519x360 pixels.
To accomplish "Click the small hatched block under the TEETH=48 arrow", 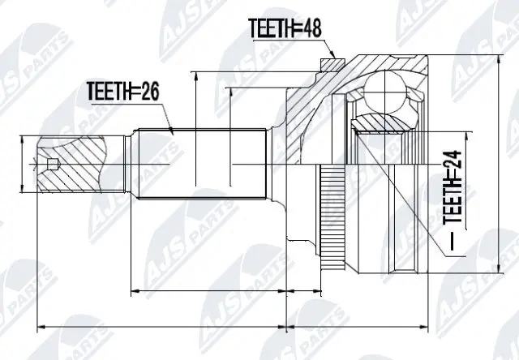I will (329, 62).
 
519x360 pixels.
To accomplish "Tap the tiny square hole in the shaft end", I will (54, 167).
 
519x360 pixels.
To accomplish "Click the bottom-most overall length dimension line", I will (235, 328).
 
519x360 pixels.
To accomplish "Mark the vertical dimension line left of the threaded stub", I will (22, 165).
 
